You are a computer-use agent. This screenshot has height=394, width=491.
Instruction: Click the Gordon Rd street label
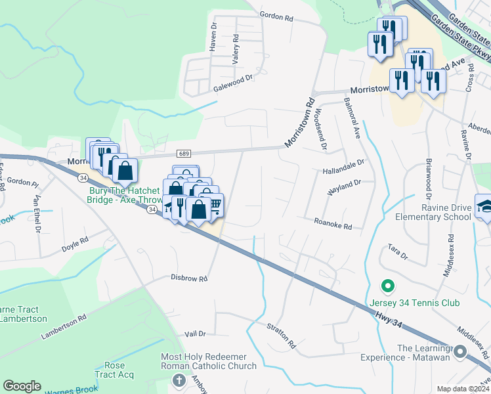pos(276,18)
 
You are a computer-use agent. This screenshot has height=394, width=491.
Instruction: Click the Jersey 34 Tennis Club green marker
pos(387,286)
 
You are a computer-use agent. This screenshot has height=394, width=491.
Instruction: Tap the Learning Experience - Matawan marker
pos(459,353)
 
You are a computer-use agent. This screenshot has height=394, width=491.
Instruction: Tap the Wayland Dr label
pos(345,187)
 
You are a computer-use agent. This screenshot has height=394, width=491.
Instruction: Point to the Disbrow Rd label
pos(189,278)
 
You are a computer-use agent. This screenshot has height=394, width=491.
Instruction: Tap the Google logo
pos(22,386)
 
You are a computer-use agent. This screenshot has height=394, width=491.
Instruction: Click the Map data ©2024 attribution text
pos(463,389)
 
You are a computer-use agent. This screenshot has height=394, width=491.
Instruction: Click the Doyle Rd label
pos(75,244)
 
